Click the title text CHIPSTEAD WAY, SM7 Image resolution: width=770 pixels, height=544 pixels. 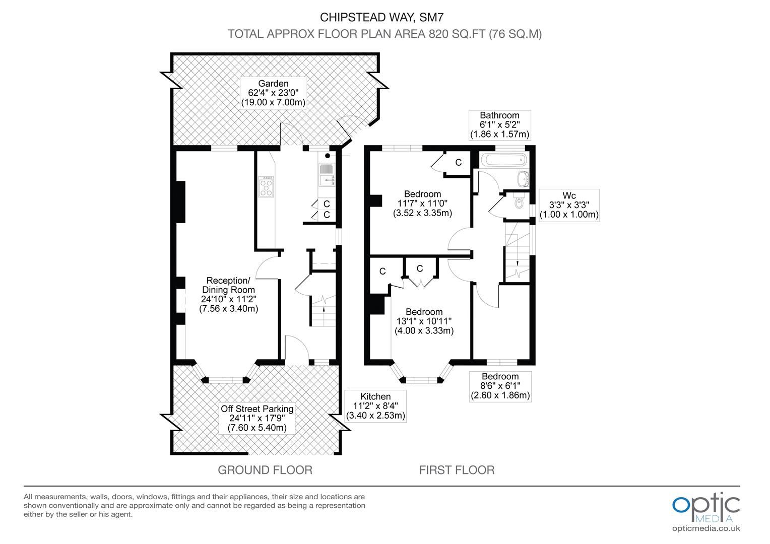pyautogui.click(x=384, y=17)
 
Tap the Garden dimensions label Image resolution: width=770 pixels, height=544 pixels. pyautogui.click(x=273, y=93)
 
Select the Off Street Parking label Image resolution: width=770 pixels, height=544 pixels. pyautogui.click(x=257, y=418)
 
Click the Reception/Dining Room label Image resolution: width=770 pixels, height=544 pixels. pyautogui.click(x=228, y=295)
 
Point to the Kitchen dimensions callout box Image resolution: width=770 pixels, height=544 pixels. pyautogui.click(x=375, y=406)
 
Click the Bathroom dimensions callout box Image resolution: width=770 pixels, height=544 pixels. pyautogui.click(x=499, y=125)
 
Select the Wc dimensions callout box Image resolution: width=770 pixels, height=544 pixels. pyautogui.click(x=569, y=205)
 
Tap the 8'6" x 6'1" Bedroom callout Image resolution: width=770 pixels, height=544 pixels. pyautogui.click(x=500, y=386)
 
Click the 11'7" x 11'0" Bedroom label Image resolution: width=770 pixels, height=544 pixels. pyautogui.click(x=422, y=203)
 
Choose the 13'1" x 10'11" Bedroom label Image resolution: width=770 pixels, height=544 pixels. pyautogui.click(x=424, y=321)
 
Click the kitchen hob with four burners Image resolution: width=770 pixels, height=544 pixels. pyautogui.click(x=266, y=186)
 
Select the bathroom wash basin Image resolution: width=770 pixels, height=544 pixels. pyautogui.click(x=523, y=178)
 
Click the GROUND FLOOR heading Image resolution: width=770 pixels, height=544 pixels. pyautogui.click(x=265, y=470)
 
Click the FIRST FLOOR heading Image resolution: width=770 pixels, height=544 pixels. pyautogui.click(x=457, y=470)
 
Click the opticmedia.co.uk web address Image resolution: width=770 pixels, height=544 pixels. pyautogui.click(x=706, y=528)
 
